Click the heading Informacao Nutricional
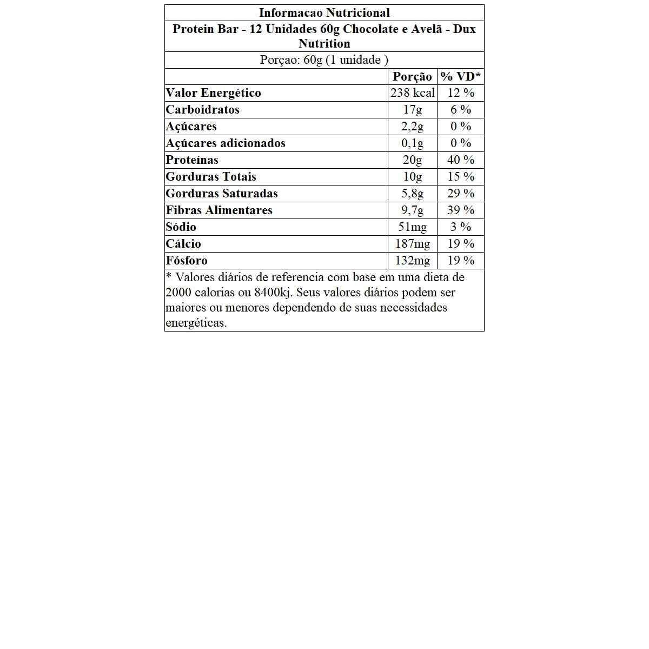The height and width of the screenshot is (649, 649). coord(324,13)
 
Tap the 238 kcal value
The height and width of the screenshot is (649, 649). coord(413,93)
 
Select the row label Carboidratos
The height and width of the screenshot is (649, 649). coord(202,110)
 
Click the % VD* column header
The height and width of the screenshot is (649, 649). coord(460,77)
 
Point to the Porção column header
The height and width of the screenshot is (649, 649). coord(412,77)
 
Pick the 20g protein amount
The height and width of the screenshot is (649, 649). coord(412,160)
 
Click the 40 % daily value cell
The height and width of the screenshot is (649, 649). coord(461,160)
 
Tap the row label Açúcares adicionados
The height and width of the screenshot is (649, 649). coord(226,143)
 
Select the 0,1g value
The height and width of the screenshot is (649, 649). coord(412,143)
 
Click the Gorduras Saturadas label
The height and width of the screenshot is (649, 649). coord(222,194)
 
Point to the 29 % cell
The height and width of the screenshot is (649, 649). coord(461,194)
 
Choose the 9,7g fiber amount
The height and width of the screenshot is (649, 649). coord(412,210)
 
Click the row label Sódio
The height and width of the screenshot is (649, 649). coord(181,227)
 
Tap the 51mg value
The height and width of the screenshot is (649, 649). coord(412,227)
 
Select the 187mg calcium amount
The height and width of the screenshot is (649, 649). coord(412,244)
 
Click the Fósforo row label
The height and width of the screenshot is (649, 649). coord(187,261)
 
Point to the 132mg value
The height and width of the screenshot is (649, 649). coord(412,261)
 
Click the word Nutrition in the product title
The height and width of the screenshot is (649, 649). coord(324,44)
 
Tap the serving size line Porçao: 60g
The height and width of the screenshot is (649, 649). coord(324,60)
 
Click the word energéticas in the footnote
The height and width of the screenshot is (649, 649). coord(196,323)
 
